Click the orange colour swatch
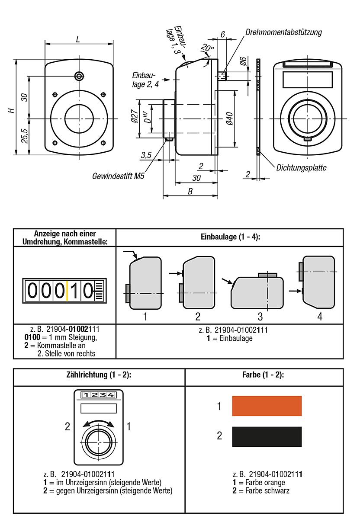pos(267,406)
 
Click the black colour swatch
pos(267,436)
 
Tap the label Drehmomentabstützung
pos(283,32)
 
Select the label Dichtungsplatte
pos(301,168)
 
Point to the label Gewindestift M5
pos(118,176)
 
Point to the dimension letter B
pos(190,192)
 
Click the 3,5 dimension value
pos(146,155)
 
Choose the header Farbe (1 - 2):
pos(264,375)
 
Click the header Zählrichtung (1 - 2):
pos(99,375)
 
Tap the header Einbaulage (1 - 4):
pos(230,237)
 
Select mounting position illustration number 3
pos(257,292)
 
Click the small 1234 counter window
pos(98,395)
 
